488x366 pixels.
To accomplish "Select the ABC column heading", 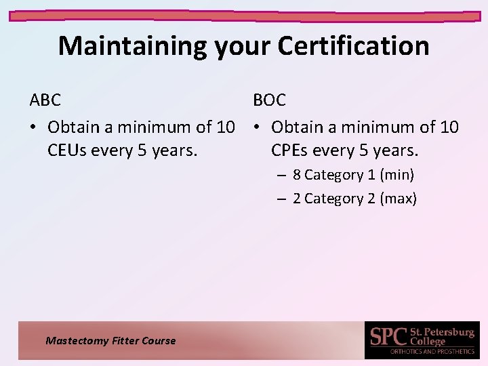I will click(x=45, y=100).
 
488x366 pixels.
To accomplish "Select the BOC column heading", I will click(x=270, y=100).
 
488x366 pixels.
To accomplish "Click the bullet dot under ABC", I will click(x=33, y=127).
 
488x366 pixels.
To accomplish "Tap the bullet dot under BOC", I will click(x=257, y=127).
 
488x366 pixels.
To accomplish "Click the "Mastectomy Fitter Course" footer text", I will click(x=110, y=341).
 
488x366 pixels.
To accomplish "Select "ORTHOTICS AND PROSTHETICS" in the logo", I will click(x=432, y=352).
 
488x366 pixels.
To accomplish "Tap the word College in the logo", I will click(x=428, y=342).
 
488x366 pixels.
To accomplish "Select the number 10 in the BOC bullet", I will click(x=449, y=127).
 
